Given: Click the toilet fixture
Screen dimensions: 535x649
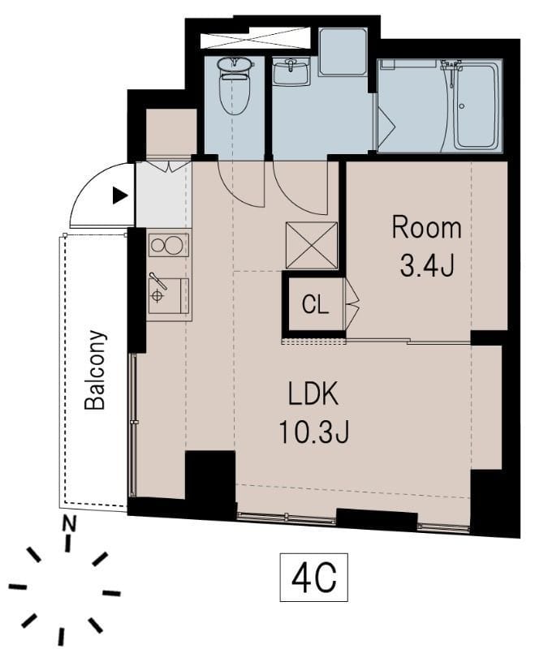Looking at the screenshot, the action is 235,85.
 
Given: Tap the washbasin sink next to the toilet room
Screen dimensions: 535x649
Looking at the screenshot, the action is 291,71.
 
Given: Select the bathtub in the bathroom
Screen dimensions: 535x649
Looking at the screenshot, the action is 477,105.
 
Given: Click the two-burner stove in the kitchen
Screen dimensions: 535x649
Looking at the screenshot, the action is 169,245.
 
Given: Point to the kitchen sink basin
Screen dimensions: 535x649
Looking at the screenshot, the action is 169,295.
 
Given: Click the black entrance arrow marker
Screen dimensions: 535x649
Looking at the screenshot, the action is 120,196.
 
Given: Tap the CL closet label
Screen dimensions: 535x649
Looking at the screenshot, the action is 315,305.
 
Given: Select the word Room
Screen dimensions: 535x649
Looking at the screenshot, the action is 426,228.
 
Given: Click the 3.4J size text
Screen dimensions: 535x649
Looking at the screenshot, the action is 427,265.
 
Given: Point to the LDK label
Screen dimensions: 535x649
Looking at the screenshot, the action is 313,394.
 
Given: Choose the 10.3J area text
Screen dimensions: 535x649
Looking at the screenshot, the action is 314,432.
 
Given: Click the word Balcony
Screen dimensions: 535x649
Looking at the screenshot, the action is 95,370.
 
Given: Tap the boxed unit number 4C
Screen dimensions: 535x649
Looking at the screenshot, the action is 314,578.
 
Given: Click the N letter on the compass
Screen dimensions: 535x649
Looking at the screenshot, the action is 69,523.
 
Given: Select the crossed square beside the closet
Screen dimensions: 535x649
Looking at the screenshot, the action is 312,246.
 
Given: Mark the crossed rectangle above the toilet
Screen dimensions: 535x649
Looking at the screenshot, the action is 255,37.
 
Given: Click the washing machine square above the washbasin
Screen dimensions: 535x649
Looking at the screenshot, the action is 343,52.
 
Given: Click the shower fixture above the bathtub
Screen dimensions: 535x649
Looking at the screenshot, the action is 451,65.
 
